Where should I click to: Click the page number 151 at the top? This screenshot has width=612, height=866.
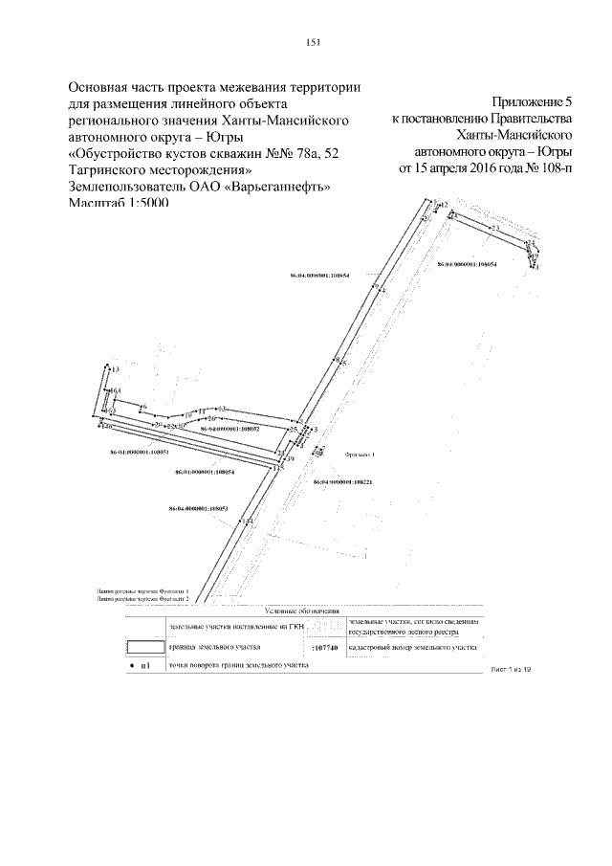click(313, 41)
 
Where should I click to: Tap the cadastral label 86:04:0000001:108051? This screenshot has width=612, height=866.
click(141, 452)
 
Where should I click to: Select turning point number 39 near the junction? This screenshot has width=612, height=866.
click(291, 460)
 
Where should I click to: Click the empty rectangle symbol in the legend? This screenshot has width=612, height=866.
click(145, 648)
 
